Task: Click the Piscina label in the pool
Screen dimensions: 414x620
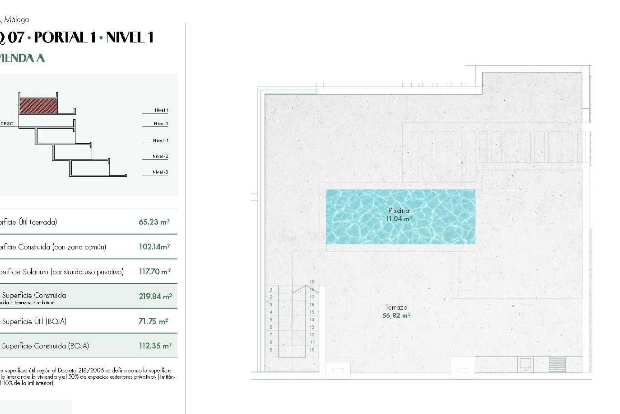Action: tap(399, 211)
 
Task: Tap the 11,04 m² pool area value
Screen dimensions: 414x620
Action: tap(399, 219)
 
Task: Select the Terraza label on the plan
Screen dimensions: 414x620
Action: tap(396, 307)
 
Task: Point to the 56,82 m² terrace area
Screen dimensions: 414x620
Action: tap(396, 315)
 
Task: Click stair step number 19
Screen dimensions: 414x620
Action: tap(312, 282)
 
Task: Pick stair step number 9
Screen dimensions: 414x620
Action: tap(271, 350)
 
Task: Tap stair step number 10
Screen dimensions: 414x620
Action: tap(312, 350)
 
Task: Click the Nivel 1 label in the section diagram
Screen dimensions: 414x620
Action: tap(161, 110)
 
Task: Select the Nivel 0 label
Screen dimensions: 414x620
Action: tap(161, 124)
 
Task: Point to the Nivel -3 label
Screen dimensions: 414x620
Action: tap(160, 172)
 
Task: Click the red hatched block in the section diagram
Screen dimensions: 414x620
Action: tap(38, 106)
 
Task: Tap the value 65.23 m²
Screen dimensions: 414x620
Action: tap(154, 222)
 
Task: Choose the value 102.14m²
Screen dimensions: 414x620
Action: tap(154, 247)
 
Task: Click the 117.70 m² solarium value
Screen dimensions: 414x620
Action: tap(155, 272)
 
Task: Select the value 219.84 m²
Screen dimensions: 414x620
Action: tap(155, 296)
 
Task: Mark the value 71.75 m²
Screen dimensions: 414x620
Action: tap(153, 321)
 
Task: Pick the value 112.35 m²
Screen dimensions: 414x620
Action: tap(155, 346)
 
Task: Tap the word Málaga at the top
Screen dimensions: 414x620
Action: tap(16, 20)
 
